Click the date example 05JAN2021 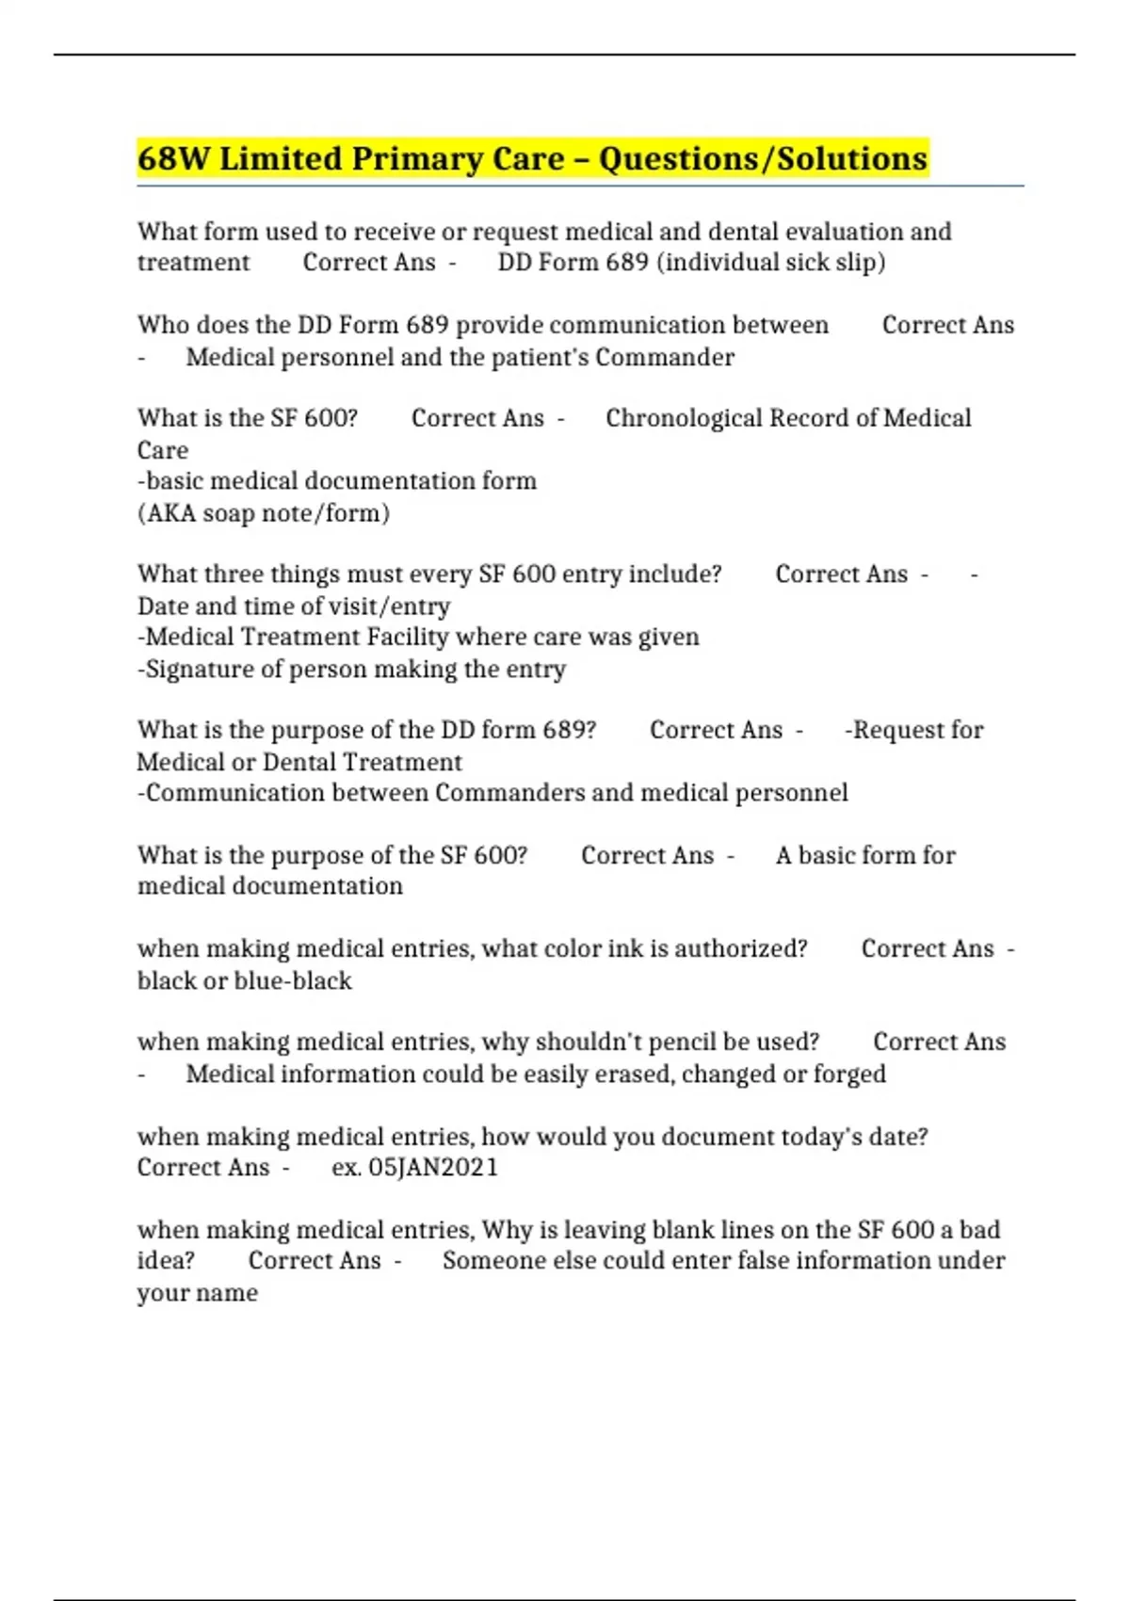click(433, 1168)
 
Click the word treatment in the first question click(193, 263)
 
